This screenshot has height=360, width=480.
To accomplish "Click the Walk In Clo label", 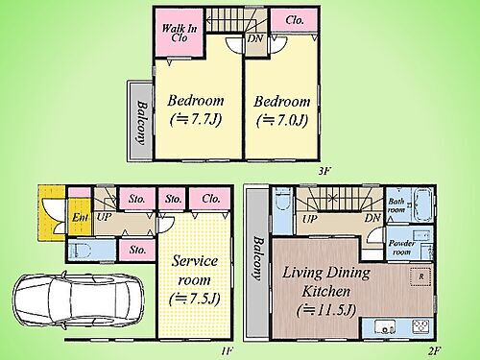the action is [x=180, y=33].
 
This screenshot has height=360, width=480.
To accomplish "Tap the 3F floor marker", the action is [x=324, y=172].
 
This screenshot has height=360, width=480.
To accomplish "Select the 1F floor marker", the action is [x=227, y=351].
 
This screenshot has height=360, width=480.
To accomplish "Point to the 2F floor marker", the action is [x=434, y=351].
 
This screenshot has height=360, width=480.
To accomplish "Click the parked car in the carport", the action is [x=79, y=300].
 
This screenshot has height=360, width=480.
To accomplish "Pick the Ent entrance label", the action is [x=80, y=218].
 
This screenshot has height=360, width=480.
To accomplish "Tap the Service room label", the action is [x=194, y=271].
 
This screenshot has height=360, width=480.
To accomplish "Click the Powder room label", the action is [x=401, y=248].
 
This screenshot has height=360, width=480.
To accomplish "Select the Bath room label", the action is [x=396, y=205].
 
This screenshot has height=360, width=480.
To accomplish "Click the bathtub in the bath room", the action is [x=423, y=204].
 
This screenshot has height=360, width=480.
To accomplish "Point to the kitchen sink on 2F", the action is [x=385, y=327].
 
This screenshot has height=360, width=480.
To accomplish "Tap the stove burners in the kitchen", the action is [x=420, y=326].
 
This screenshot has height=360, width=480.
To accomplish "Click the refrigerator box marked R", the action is [x=420, y=276].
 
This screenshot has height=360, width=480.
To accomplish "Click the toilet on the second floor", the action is [x=282, y=199].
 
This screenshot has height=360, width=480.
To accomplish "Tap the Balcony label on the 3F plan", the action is [x=142, y=123].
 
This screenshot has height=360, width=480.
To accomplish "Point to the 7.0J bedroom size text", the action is [x=282, y=121].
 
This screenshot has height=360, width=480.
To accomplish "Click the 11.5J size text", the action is [x=325, y=310].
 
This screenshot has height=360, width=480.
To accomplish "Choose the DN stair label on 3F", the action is [x=255, y=38].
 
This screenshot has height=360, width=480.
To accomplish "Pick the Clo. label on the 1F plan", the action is [x=211, y=199].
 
